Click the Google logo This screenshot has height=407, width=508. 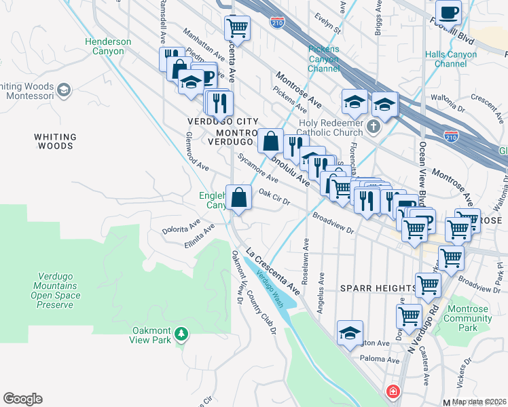23,399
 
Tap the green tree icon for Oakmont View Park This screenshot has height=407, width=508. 181,334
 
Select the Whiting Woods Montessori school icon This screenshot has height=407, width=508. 64,90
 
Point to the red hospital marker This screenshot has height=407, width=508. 393,392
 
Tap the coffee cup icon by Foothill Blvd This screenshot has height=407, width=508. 448,13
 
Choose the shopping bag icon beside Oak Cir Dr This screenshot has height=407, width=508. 239,198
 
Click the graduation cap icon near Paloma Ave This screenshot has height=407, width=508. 350,334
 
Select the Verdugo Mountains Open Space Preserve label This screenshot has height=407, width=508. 56,291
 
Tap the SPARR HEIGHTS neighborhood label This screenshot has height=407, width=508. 378,288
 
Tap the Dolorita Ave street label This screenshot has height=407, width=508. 181,227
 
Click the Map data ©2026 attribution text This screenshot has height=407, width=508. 479,402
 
